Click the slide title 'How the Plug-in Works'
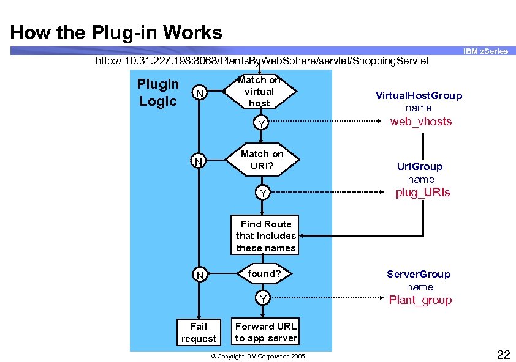pyautogui.click(x=116, y=32)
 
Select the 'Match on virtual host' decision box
pyautogui.click(x=259, y=91)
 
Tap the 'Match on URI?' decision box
pyautogui.click(x=262, y=160)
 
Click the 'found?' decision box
pyautogui.click(x=263, y=274)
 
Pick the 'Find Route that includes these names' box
pyautogui.click(x=265, y=236)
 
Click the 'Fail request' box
pyautogui.click(x=199, y=332)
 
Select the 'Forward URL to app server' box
pyautogui.click(x=265, y=332)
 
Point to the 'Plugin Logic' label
pyautogui.click(x=158, y=92)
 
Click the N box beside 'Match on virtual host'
pyautogui.click(x=198, y=93)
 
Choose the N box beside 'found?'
pyautogui.click(x=199, y=276)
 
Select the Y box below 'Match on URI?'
pyautogui.click(x=262, y=193)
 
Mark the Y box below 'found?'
pyautogui.click(x=262, y=298)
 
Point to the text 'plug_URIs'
pyautogui.click(x=422, y=193)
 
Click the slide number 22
pyautogui.click(x=503, y=354)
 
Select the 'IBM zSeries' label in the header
pyautogui.click(x=485, y=51)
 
